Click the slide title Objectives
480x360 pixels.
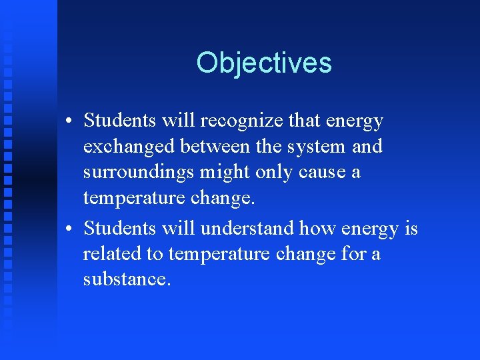(x=264, y=63)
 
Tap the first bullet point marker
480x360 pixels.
(x=69, y=122)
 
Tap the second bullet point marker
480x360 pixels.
(x=69, y=229)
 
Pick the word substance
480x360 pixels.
(x=127, y=279)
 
